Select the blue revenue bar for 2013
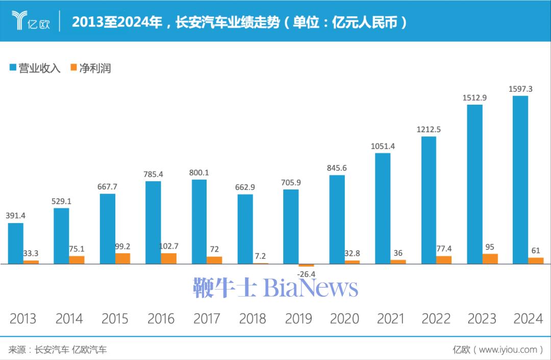16,244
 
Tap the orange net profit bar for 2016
169,258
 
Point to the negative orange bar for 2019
306,266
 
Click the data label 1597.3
520,89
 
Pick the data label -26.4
306,274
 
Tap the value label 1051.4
383,147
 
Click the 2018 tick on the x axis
253,319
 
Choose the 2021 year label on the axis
390,319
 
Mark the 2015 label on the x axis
115,319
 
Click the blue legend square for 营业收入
13,68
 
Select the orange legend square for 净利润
73,68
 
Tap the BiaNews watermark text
311,288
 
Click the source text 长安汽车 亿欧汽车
71,350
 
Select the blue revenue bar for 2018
245,229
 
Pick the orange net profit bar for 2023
490,259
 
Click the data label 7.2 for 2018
261,256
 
